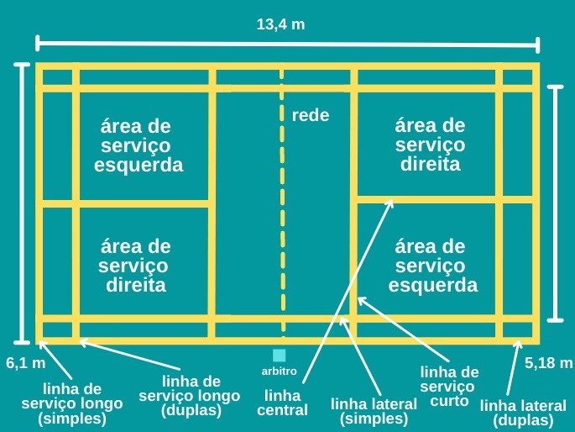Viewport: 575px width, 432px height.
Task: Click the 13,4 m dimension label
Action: pyautogui.click(x=280, y=24)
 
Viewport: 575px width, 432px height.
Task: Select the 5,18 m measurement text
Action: pyautogui.click(x=548, y=363)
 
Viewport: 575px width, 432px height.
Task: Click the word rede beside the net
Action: pyautogui.click(x=311, y=116)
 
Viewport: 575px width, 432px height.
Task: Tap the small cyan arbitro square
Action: pyautogui.click(x=280, y=356)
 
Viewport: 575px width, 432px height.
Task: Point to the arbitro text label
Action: pyautogui.click(x=280, y=371)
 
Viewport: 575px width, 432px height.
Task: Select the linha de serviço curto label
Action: pyautogui.click(x=448, y=385)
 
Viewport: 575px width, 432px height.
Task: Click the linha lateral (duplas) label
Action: pyautogui.click(x=523, y=413)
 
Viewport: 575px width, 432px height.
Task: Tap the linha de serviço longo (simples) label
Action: pyautogui.click(x=72, y=403)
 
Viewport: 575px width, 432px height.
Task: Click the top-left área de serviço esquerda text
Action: pyautogui.click(x=139, y=145)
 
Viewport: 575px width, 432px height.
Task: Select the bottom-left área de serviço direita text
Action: pyautogui.click(x=135, y=266)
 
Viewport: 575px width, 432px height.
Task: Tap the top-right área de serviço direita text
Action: pyautogui.click(x=430, y=145)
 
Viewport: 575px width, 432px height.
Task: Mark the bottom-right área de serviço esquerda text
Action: pyautogui.click(x=432, y=266)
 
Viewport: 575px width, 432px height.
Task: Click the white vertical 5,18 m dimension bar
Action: pyautogui.click(x=555, y=203)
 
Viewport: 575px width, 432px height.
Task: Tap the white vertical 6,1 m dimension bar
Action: pyautogui.click(x=23, y=203)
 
